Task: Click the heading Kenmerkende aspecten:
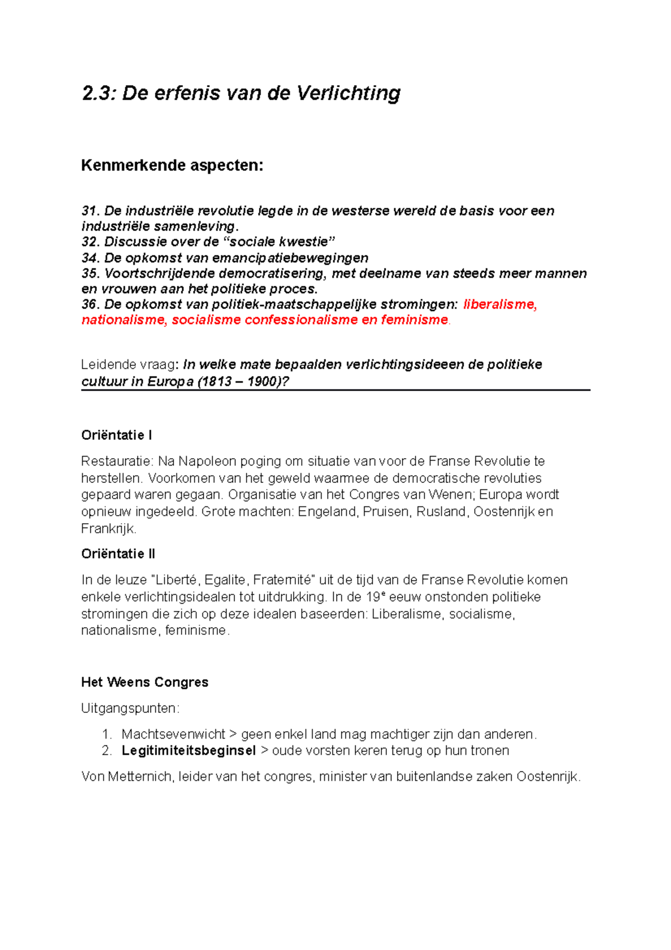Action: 172,166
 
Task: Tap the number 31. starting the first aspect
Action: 91,211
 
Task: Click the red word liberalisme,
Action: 500,304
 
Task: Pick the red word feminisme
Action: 414,320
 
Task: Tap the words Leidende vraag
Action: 127,365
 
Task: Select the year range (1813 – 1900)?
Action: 243,382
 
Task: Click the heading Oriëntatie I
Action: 116,435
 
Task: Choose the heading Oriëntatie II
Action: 118,554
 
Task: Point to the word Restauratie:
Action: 117,462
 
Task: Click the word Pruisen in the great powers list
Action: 386,512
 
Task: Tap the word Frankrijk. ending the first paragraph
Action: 109,529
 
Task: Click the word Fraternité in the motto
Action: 285,580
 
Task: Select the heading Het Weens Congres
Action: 144,682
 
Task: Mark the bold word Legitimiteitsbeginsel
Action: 188,751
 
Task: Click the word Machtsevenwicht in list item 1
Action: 173,734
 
